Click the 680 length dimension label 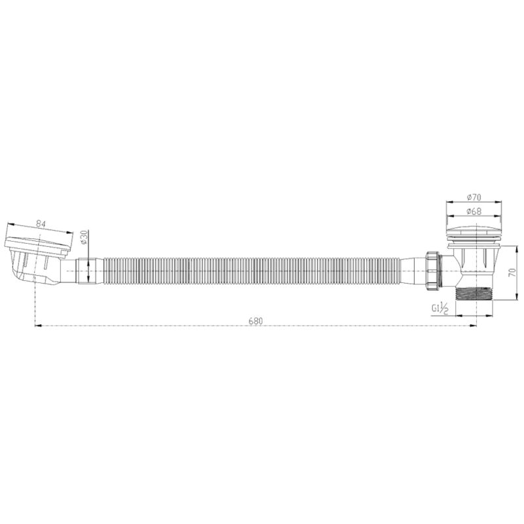pos(255,321)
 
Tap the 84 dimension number pos(41,224)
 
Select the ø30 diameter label pos(84,237)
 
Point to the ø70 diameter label pos(474,198)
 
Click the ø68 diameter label pos(474,211)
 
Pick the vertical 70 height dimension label pos(512,272)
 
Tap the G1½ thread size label pos(440,308)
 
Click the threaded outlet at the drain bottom pos(474,292)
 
